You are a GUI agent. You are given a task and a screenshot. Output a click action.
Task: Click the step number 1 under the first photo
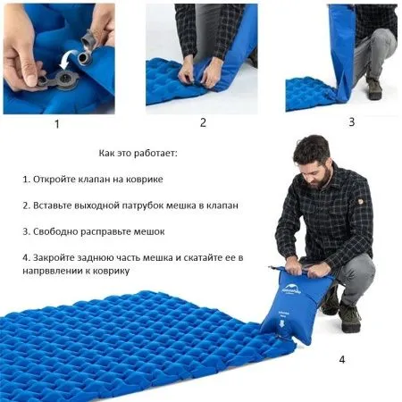pyautogui.click(x=57, y=124)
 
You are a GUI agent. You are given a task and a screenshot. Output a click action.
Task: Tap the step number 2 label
pyautogui.click(x=203, y=122)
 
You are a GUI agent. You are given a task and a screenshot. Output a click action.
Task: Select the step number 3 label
pyautogui.click(x=351, y=121)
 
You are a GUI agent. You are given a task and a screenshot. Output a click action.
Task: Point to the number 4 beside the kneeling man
pyautogui.click(x=341, y=360)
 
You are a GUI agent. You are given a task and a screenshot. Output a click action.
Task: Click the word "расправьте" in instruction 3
pyautogui.click(x=110, y=231)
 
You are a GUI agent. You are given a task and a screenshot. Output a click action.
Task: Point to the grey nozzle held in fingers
pyautogui.click(x=87, y=38)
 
